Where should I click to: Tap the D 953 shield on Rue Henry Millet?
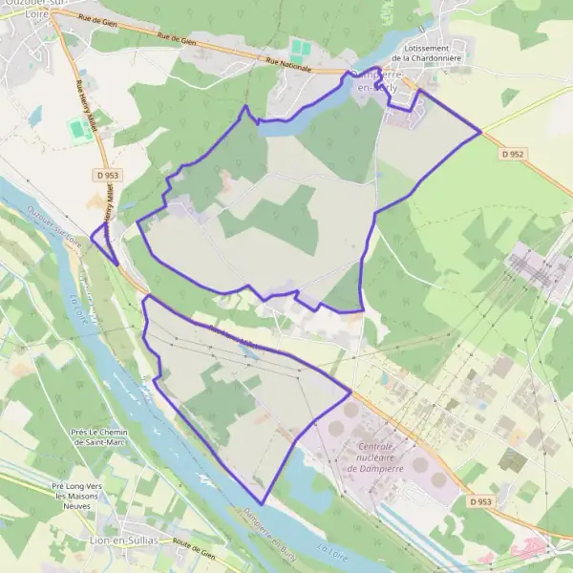click(107, 177)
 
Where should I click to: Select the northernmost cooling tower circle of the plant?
click(351, 410)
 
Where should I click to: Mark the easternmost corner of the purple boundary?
click(480, 132)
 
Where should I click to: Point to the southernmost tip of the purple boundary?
click(263, 503)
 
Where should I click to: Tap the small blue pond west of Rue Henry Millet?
click(36, 117)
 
